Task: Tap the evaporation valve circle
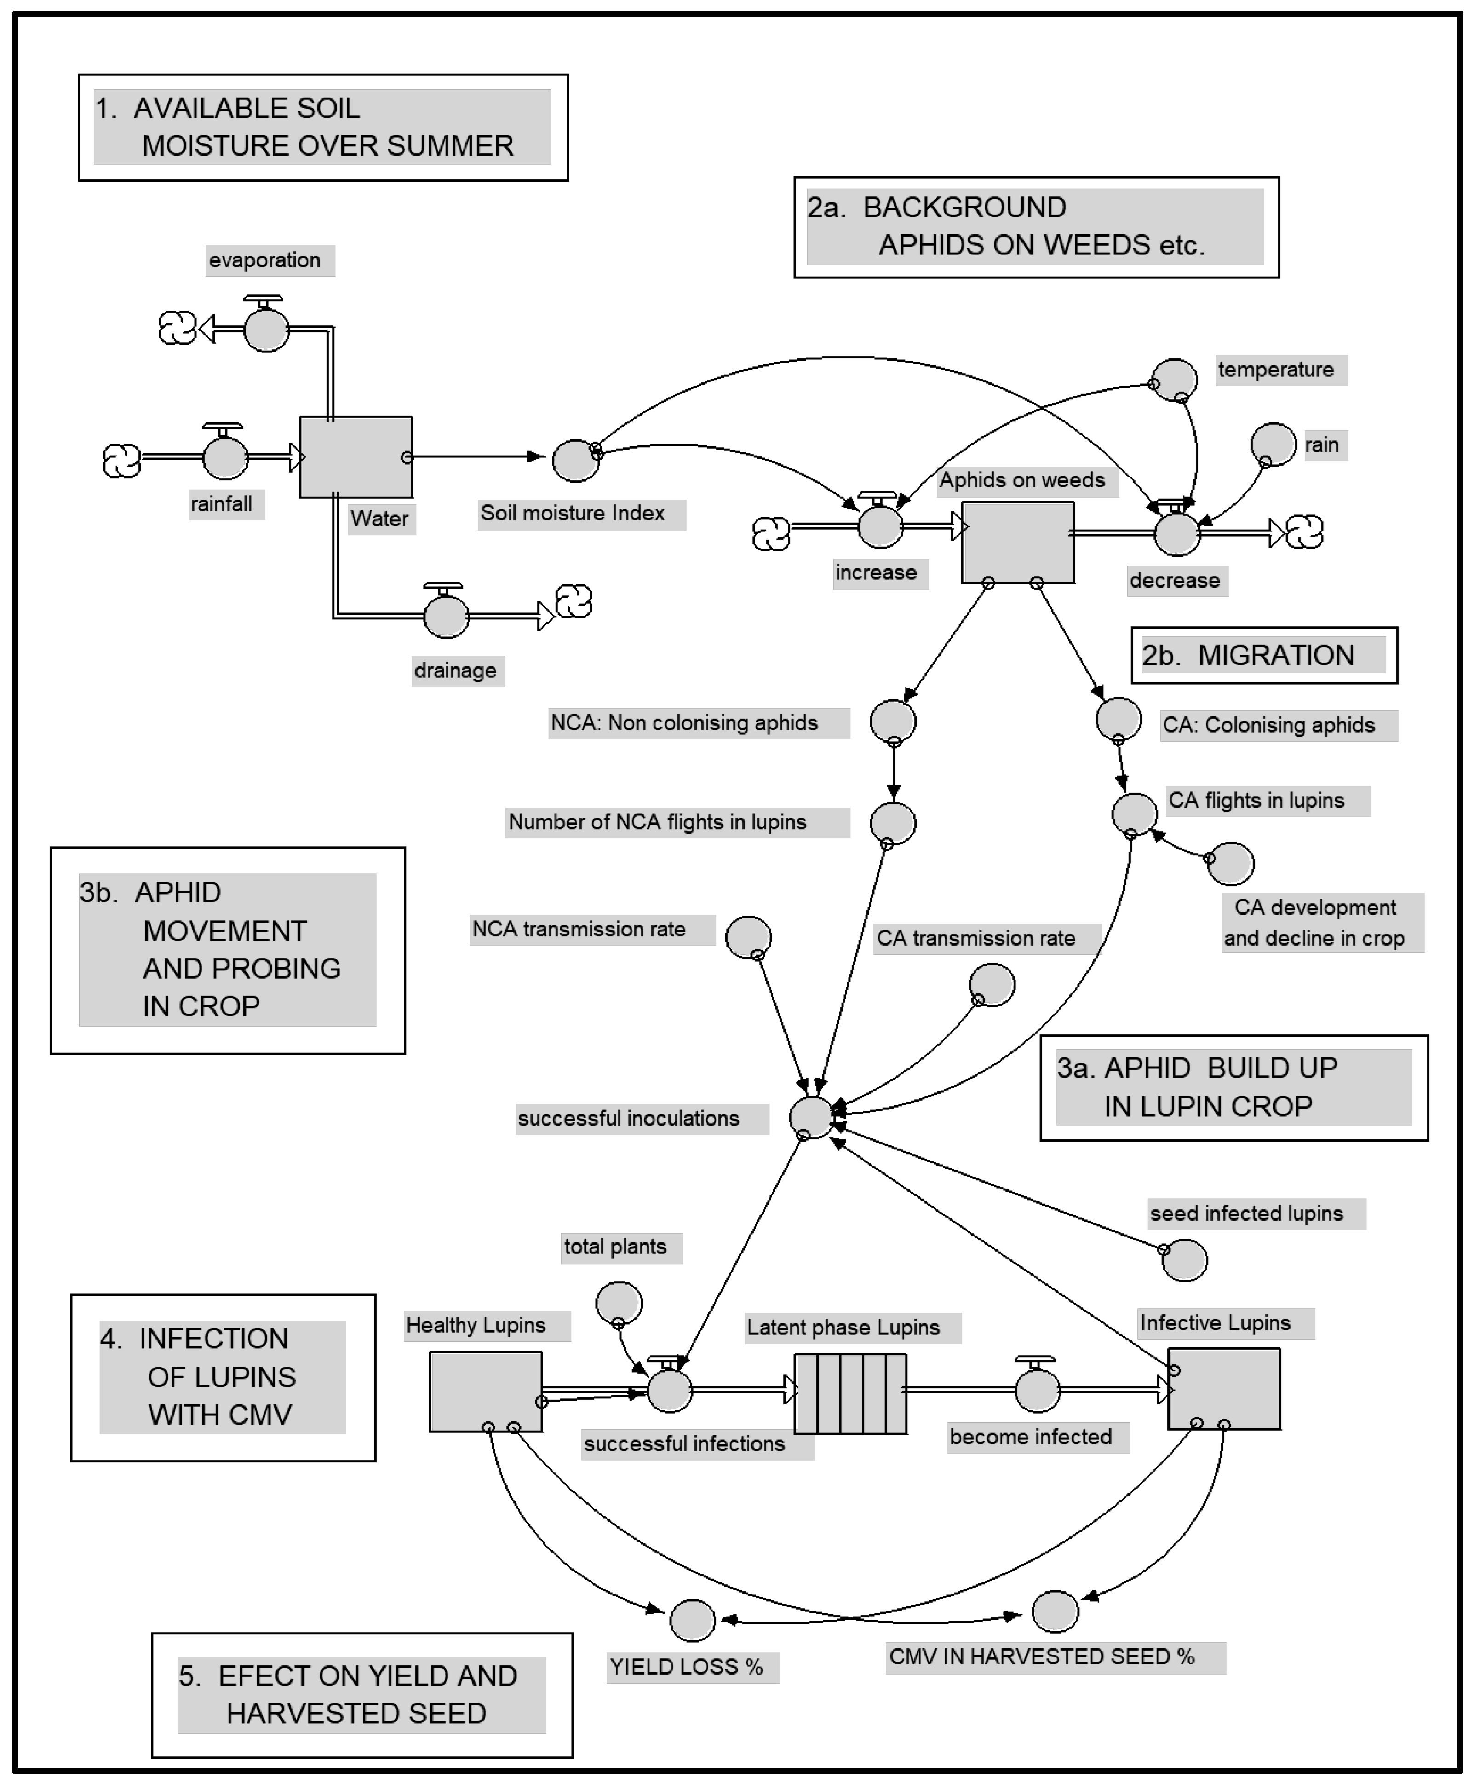click(266, 330)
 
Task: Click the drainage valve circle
click(446, 615)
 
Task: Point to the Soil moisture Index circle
click(575, 461)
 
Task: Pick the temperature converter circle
click(1174, 380)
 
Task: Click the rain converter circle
click(1273, 444)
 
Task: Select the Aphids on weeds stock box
click(1017, 542)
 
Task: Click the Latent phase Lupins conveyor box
click(849, 1394)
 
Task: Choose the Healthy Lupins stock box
click(485, 1391)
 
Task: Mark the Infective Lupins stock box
click(1223, 1389)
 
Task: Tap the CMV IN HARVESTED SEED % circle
click(1055, 1611)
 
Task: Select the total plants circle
click(619, 1303)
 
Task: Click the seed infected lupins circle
click(1184, 1260)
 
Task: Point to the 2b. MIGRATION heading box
click(1263, 655)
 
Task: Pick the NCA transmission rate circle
click(748, 938)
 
